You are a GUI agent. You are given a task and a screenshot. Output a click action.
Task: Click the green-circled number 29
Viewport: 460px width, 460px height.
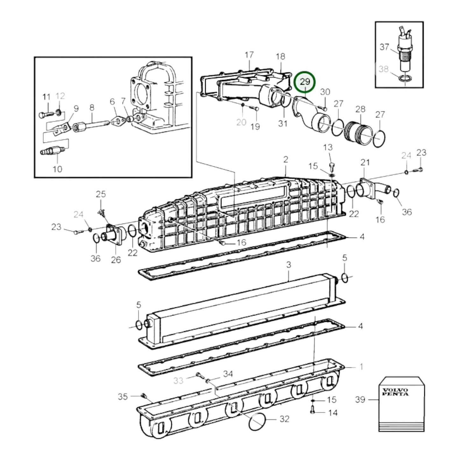[305, 82]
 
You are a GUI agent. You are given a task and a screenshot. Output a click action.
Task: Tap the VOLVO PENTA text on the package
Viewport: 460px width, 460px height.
[395, 392]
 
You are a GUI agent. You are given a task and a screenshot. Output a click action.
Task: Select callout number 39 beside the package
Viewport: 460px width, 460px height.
[360, 399]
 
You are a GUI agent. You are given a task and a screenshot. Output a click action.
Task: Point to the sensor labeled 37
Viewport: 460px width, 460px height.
[404, 53]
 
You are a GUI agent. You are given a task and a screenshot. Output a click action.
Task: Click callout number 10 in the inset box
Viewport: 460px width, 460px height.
[57, 169]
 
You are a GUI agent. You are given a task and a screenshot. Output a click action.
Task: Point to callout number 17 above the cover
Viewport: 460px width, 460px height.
[249, 55]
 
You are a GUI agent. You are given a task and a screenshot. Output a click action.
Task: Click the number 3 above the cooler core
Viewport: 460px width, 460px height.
[288, 265]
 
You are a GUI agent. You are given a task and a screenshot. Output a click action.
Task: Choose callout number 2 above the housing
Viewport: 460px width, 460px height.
[286, 159]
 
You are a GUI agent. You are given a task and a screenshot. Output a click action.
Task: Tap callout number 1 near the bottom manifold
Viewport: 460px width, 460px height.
[361, 367]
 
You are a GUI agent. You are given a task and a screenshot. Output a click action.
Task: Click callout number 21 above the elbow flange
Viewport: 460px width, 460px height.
[365, 162]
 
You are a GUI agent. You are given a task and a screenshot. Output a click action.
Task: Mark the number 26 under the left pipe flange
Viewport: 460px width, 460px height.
[116, 260]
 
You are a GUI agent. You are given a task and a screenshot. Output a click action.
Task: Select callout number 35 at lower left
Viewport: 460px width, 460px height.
[123, 397]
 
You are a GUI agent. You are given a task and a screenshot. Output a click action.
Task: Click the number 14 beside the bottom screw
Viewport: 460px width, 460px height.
[333, 413]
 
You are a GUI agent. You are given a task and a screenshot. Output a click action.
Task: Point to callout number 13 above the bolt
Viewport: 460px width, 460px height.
[328, 147]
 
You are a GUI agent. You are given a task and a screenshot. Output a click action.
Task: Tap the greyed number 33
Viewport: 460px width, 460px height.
[178, 380]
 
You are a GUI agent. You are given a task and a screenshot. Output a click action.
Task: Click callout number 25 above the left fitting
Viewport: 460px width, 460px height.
[101, 194]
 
